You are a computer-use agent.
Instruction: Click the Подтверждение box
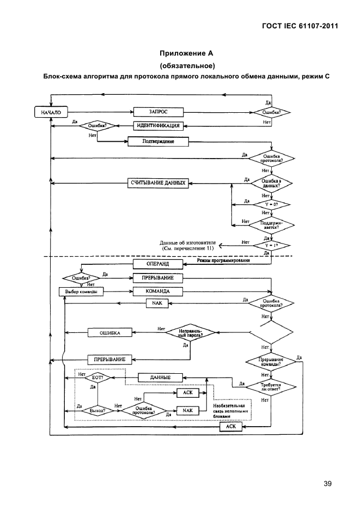pyautogui.click(x=158, y=142)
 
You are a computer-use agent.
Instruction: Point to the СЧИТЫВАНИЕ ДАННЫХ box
pyautogui.click(x=158, y=183)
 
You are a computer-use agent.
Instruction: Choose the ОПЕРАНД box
pyautogui.click(x=158, y=264)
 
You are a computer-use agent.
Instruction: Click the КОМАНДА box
pyautogui.click(x=158, y=291)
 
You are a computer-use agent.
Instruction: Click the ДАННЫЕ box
pyautogui.click(x=160, y=377)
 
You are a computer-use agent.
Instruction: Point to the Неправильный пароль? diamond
pyautogui.click(x=190, y=332)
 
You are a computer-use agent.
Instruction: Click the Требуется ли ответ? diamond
pyautogui.click(x=271, y=386)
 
